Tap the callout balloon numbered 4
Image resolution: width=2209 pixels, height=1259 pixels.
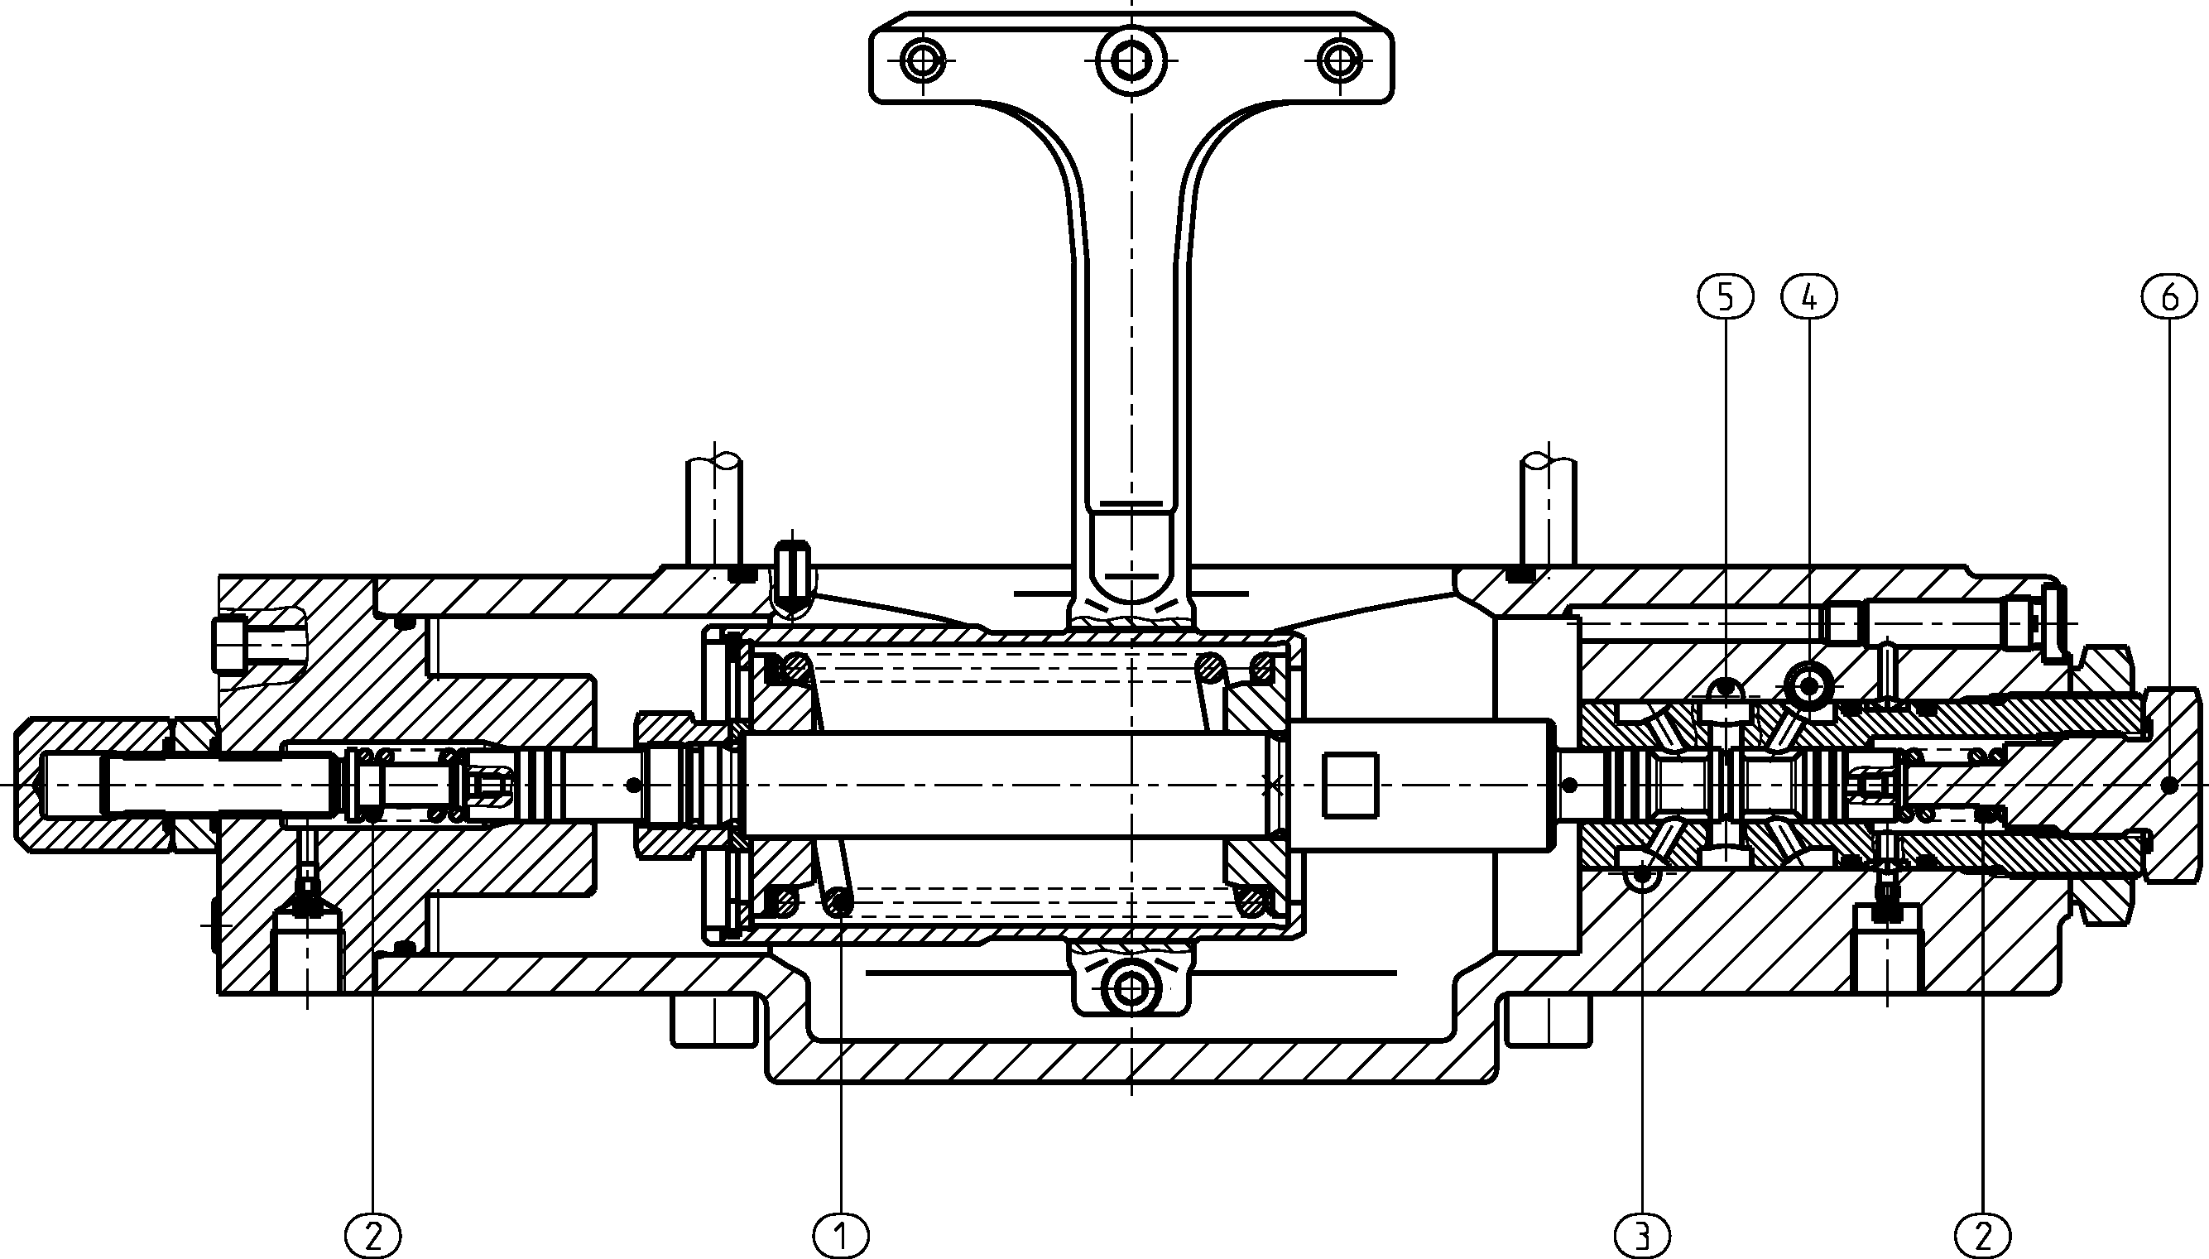pyautogui.click(x=1809, y=297)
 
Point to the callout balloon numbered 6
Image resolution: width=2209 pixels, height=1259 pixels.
pyautogui.click(x=2170, y=297)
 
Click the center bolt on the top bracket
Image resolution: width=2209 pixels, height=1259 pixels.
pyautogui.click(x=1131, y=60)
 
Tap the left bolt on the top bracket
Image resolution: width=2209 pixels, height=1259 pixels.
pyautogui.click(x=924, y=60)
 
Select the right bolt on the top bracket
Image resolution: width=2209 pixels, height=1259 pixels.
pyautogui.click(x=1339, y=60)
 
